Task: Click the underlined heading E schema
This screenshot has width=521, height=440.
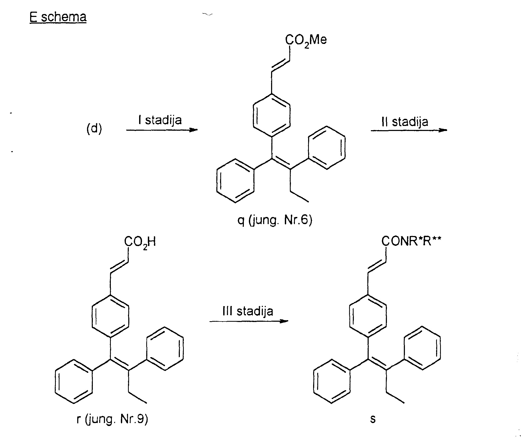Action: [58, 17]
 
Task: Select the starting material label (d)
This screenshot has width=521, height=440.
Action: [94, 129]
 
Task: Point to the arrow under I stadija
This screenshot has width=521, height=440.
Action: [162, 130]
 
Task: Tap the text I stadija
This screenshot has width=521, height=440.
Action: [160, 120]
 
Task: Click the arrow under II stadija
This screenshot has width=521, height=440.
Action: [409, 130]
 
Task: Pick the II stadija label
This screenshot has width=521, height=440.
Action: [405, 122]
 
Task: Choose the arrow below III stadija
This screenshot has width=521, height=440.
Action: [249, 321]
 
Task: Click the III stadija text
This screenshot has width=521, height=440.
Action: [248, 311]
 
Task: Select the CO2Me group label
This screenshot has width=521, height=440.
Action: [306, 40]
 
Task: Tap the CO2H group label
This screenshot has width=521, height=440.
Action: [140, 242]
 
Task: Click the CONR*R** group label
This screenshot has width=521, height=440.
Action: [412, 241]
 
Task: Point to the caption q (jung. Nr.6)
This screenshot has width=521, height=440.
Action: [275, 220]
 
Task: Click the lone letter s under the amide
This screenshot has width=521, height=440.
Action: [373, 419]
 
